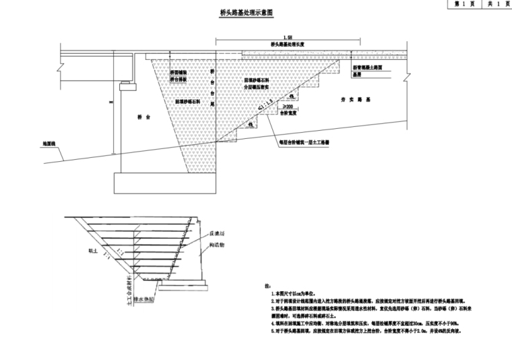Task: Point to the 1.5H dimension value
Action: (288, 37)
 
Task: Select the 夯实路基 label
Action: (351, 100)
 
